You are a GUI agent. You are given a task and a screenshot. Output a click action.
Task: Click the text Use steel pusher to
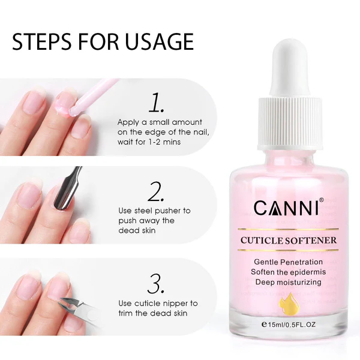154,211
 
